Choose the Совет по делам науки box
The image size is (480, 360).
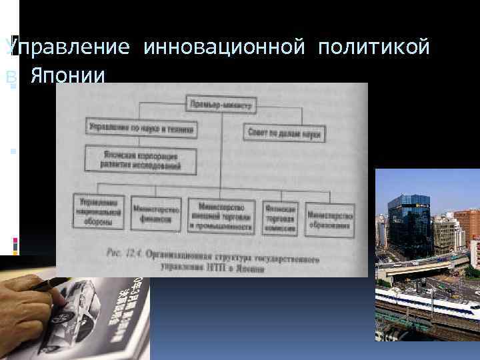[285, 132]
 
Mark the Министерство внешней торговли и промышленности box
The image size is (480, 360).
[222, 216]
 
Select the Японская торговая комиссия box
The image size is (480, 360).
[280, 215]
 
